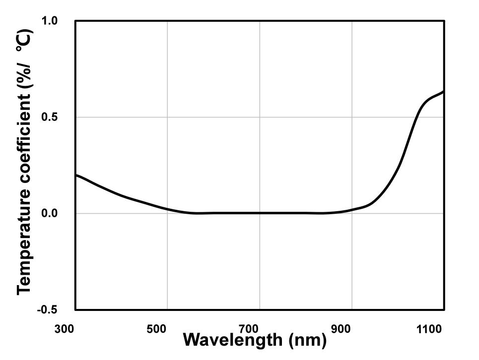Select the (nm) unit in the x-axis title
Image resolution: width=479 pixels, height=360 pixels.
(306, 341)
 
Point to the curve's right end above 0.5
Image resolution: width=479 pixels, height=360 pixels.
(443, 92)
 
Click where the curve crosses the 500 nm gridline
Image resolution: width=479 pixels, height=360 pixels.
(167, 209)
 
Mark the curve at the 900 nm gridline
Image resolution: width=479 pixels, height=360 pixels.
(352, 210)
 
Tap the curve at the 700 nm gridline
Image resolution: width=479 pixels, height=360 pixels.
(260, 213)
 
